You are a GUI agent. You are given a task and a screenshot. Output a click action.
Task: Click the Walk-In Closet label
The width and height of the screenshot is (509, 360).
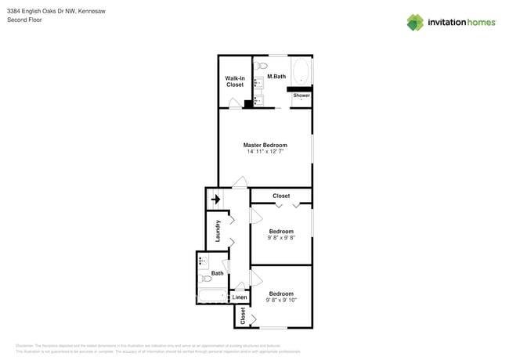pyautogui.click(x=235, y=81)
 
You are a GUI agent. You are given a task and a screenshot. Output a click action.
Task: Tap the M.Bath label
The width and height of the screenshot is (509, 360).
pyautogui.click(x=275, y=76)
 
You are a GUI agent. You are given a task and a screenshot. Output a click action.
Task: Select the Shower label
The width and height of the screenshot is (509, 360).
pyautogui.click(x=301, y=95)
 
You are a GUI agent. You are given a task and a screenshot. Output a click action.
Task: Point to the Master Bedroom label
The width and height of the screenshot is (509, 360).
pyautogui.click(x=265, y=145)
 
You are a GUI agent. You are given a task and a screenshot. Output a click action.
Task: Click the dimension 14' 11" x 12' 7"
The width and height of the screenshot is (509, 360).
pyautogui.click(x=265, y=151)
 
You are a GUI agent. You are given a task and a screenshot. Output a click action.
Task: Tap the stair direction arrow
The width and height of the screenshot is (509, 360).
pyautogui.click(x=216, y=200)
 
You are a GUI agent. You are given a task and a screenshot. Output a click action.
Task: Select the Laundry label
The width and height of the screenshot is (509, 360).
pyautogui.click(x=218, y=232)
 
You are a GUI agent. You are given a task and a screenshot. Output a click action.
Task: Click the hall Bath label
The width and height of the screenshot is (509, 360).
pyautogui.click(x=217, y=273)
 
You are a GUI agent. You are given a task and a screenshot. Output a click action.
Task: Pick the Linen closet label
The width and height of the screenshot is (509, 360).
pyautogui.click(x=240, y=297)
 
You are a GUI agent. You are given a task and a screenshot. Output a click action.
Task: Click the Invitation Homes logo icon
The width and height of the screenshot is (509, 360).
pyautogui.click(x=417, y=22)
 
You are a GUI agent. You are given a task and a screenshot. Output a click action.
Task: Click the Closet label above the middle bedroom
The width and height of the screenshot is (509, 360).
pyautogui.click(x=280, y=196)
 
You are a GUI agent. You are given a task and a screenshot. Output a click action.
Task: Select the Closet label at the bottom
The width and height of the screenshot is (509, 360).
pyautogui.click(x=243, y=316)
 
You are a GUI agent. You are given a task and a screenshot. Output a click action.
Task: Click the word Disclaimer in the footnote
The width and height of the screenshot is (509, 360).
pyautogui.click(x=25, y=345)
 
